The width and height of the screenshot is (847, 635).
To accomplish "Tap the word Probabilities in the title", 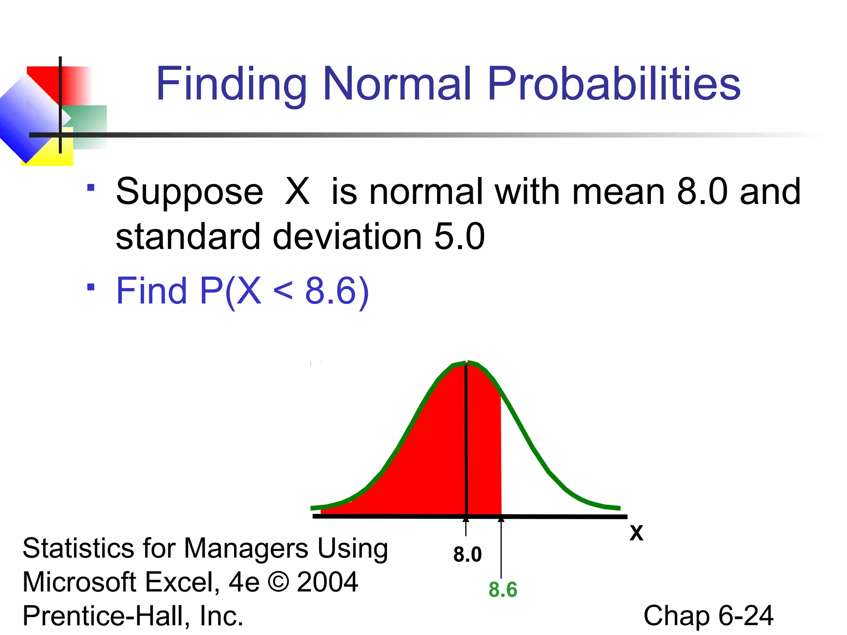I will click(614, 85).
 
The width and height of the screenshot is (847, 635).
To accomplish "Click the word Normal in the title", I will click(397, 84).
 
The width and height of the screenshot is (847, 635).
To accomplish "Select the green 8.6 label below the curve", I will click(502, 590).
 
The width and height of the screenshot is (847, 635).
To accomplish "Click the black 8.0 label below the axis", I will click(467, 554).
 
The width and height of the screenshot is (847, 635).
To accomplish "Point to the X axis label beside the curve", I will click(636, 533).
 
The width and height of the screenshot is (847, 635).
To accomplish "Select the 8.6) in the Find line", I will click(337, 291).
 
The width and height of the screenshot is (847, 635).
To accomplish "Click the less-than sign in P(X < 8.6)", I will click(283, 291).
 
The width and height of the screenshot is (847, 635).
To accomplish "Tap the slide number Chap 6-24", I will click(708, 616).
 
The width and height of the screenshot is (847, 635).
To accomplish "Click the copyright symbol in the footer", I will click(278, 582).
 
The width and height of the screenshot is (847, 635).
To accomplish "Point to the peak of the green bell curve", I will click(467, 363).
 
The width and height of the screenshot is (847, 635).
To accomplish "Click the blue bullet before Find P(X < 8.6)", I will click(91, 287).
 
